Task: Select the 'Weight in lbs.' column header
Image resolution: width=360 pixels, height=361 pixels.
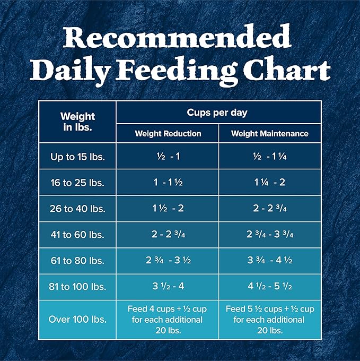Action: pos(77,122)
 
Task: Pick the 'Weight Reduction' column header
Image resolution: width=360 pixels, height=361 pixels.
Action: pos(168,134)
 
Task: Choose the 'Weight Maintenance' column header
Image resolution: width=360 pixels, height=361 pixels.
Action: pos(269,134)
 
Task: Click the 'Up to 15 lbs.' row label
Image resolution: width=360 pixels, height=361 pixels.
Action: pos(77,156)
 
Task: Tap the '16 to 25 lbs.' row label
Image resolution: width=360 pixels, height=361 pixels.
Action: pos(77,183)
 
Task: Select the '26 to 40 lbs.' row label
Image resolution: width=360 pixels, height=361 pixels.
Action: pos(77,209)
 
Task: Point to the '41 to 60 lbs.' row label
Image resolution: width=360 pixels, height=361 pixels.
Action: pos(77,235)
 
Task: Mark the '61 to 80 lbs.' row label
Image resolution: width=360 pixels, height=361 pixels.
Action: pos(77,261)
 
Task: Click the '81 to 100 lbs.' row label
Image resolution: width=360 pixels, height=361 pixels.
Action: pos(77,287)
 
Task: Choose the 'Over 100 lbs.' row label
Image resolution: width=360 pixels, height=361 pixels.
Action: pos(77,320)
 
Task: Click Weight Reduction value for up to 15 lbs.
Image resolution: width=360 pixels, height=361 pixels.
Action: pos(168,156)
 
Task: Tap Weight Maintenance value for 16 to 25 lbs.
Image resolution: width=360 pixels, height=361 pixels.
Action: pos(269,183)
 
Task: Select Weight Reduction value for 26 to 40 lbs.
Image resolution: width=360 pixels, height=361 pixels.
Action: pos(168,209)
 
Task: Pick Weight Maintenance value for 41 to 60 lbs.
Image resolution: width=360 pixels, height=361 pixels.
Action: pos(269,235)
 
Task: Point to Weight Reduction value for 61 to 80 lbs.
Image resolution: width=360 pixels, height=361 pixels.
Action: pos(168,261)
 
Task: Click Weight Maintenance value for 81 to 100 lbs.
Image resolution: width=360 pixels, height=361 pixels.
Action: pos(269,287)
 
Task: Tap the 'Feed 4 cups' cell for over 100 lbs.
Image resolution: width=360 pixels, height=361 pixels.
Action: pos(168,320)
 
